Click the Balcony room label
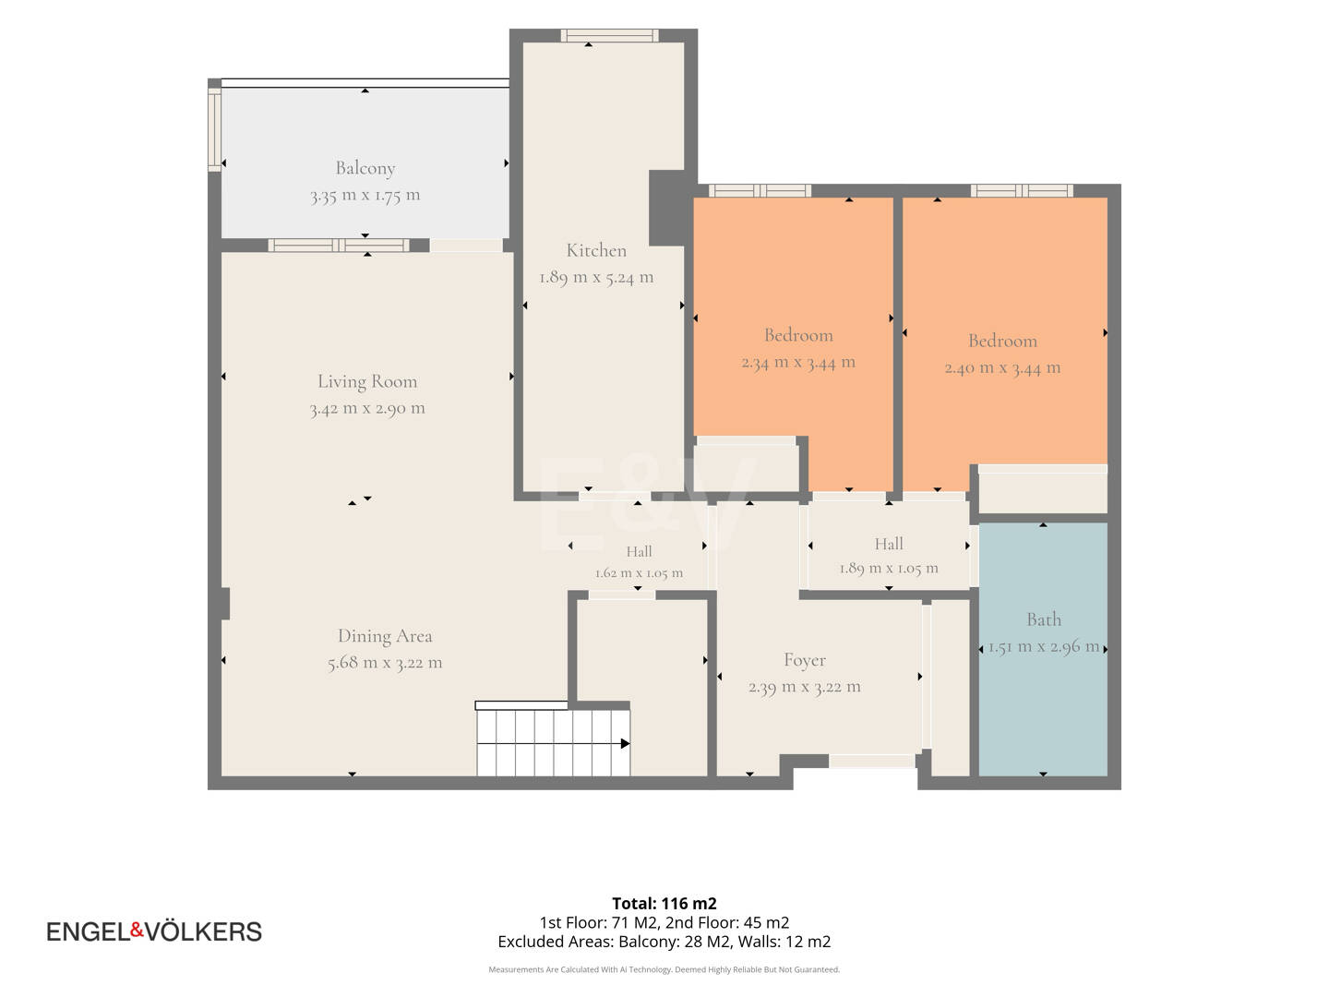pyautogui.click(x=365, y=168)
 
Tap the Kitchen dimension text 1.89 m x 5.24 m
pyautogui.click(x=596, y=277)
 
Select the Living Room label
pyautogui.click(x=367, y=381)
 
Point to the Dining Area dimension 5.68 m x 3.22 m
pyautogui.click(x=385, y=662)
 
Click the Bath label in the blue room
pyautogui.click(x=1044, y=619)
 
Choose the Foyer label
pyautogui.click(x=805, y=660)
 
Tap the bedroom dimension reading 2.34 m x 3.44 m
pyautogui.click(x=798, y=362)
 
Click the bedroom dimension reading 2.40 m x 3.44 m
pyautogui.click(x=1002, y=367)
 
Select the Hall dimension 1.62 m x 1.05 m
pyautogui.click(x=639, y=572)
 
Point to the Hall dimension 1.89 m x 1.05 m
pyautogui.click(x=889, y=568)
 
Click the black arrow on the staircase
pyautogui.click(x=626, y=743)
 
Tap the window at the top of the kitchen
pyautogui.click(x=609, y=36)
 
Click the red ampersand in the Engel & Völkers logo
pyautogui.click(x=137, y=931)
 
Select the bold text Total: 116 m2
pyautogui.click(x=664, y=903)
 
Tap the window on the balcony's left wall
pyautogui.click(x=215, y=129)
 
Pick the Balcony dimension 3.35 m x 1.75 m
pyautogui.click(x=365, y=195)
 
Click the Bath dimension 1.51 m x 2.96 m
pyautogui.click(x=1044, y=646)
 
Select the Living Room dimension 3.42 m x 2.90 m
pyautogui.click(x=367, y=408)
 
